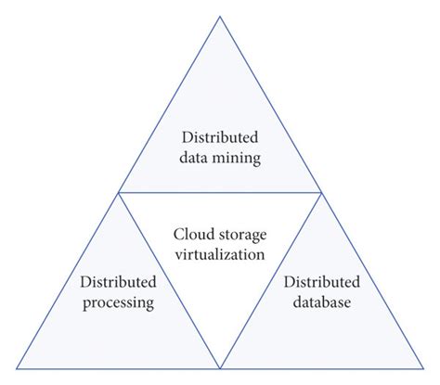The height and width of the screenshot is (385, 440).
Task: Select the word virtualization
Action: pyautogui.click(x=219, y=252)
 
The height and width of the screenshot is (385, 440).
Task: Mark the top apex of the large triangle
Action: pyautogui.click(x=220, y=16)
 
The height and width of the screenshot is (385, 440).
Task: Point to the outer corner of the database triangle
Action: pyautogui.click(x=424, y=368)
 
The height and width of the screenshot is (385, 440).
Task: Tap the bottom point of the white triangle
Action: pyautogui.click(x=220, y=368)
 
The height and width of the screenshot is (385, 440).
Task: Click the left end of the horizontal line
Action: pyautogui.click(x=118, y=192)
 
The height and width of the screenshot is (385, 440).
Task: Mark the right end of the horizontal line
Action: pyautogui.click(x=322, y=192)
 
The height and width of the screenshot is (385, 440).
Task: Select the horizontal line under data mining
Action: pyautogui.click(x=220, y=192)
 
